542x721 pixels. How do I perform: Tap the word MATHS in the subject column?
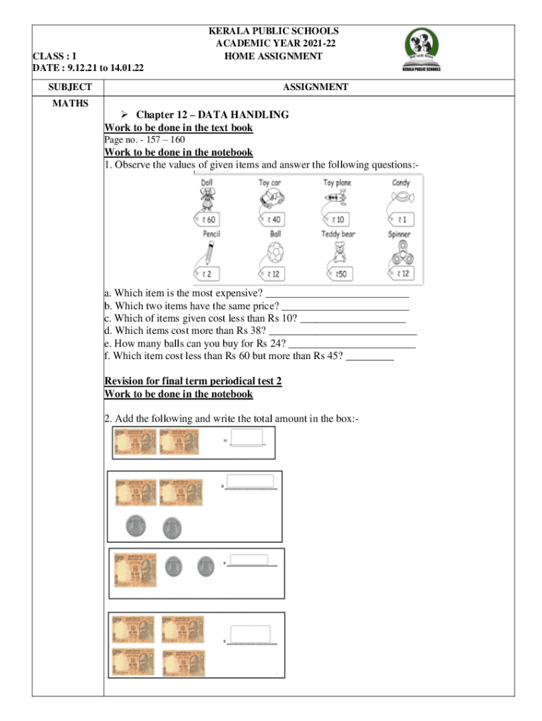[70, 104]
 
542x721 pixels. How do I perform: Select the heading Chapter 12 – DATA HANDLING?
[212, 115]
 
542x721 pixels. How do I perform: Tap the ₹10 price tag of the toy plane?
[337, 220]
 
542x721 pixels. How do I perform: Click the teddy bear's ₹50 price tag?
[339, 273]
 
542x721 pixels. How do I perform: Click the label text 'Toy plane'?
[338, 183]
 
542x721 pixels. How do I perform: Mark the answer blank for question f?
[370, 356]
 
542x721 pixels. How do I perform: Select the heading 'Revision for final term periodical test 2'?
[192, 381]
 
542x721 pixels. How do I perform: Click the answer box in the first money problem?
[246, 438]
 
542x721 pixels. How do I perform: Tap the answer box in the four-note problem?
[251, 634]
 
